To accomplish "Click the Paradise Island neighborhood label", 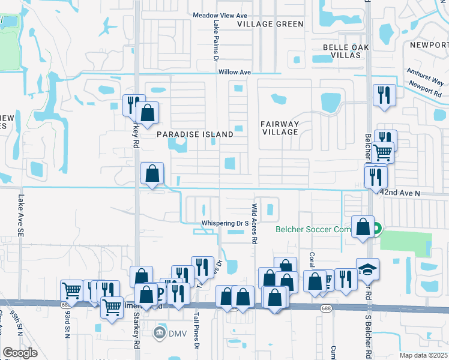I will [x=195, y=135].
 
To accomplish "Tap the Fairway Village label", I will [x=280, y=128].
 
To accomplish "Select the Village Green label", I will [x=270, y=24].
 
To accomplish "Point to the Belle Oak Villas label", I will [x=342, y=50].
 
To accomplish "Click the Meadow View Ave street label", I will [x=220, y=15].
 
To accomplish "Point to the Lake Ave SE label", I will [x=20, y=206].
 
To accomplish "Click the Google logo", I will [x=20, y=353].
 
